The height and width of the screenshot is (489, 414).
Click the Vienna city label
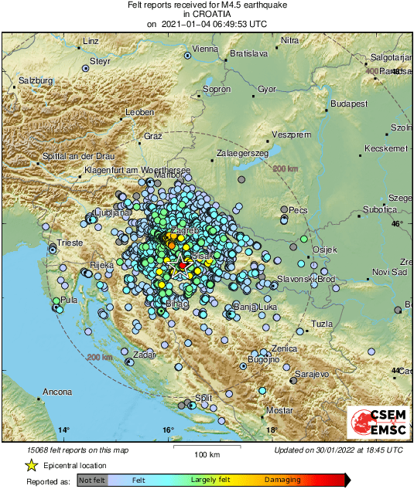coord(206,49)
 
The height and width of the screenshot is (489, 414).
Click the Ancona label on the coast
coord(56,392)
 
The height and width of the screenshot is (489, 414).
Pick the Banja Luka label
coord(255,307)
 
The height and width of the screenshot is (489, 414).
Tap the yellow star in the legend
coord(32,465)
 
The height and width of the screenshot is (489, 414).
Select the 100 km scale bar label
coord(207,453)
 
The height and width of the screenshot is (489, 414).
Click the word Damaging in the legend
coord(282,480)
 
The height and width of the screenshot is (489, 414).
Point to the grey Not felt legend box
coord(92,480)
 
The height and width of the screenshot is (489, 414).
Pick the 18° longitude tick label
coord(271,430)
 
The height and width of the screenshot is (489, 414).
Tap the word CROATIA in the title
coord(207,14)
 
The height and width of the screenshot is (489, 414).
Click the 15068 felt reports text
coord(70,450)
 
